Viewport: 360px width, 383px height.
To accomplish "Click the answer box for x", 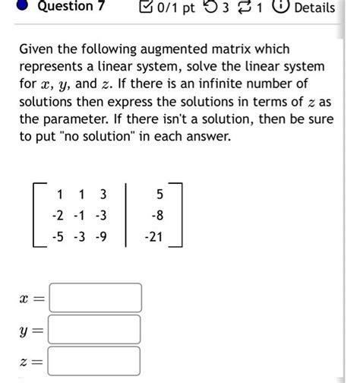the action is coord(96,298).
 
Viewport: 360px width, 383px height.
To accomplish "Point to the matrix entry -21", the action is coord(154,237).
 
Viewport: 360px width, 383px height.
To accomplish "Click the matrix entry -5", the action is coord(57,237).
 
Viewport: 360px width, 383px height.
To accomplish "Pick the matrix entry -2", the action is coord(57,215).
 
